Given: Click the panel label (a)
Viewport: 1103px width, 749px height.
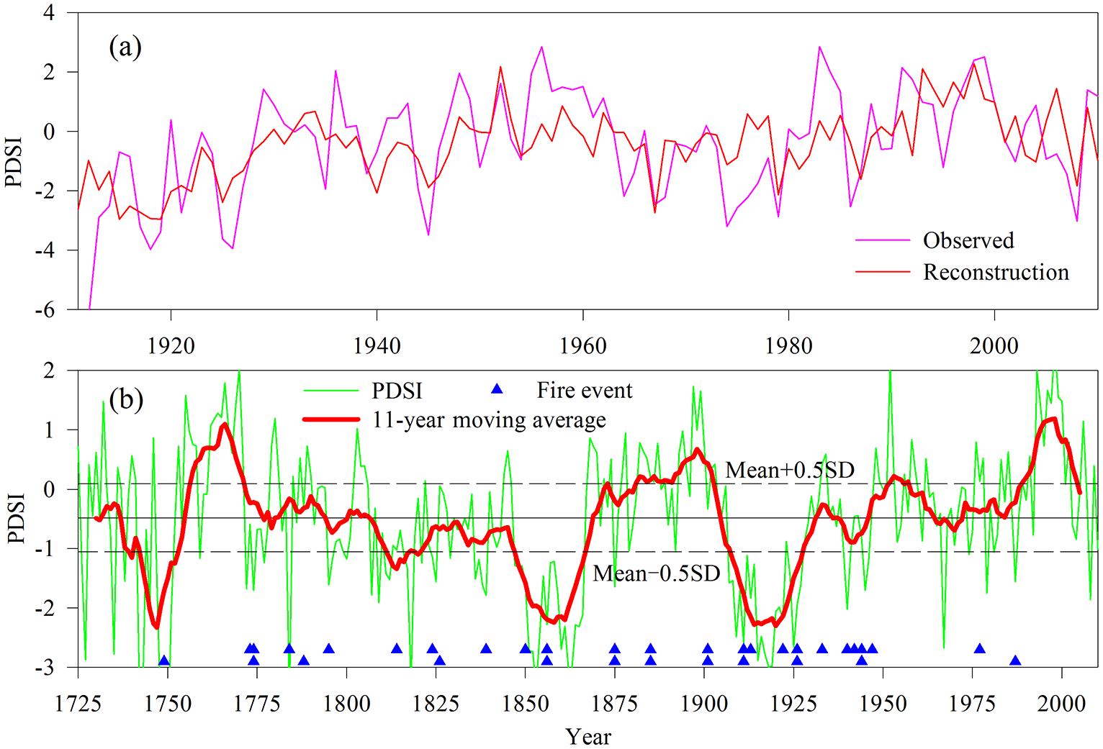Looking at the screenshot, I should (125, 47).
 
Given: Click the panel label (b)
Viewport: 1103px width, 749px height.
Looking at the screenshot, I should (127, 399).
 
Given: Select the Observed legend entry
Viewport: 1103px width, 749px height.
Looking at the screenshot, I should (968, 240).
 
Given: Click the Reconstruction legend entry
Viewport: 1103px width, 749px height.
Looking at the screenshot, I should (996, 272).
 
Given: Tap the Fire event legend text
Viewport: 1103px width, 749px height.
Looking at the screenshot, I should (584, 391).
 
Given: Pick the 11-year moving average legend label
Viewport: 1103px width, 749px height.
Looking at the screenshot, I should (489, 419).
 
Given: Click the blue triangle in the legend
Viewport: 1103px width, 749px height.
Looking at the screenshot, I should (497, 389).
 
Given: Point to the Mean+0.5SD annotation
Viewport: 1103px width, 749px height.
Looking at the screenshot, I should (790, 470).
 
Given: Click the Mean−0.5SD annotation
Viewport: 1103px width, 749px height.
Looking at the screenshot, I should (656, 573).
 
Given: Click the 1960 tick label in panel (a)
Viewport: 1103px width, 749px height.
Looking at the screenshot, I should (582, 346).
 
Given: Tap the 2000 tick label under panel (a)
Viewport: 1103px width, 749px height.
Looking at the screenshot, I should (994, 346).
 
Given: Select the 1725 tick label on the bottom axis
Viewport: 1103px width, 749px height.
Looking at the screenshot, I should (78, 703).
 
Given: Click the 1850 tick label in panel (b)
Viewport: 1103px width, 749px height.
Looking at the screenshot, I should (526, 703).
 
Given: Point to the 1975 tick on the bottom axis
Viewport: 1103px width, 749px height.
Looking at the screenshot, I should (973, 703).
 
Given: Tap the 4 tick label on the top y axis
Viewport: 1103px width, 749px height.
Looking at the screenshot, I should (49, 13).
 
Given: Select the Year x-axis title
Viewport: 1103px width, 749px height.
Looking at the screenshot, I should (588, 736).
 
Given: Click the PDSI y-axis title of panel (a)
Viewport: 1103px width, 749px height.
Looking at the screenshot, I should (14, 162).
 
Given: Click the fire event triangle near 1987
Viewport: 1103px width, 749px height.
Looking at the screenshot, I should (1015, 661).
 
